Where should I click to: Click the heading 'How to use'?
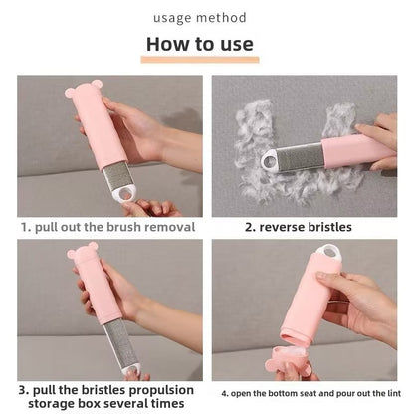pos(200,44)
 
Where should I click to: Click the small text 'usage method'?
pos(200,16)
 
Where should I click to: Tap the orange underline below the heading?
pos(200,60)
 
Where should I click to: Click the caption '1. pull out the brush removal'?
pos(108,227)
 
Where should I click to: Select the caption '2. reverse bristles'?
pos(299,227)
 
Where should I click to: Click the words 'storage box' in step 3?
pos(59,404)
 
